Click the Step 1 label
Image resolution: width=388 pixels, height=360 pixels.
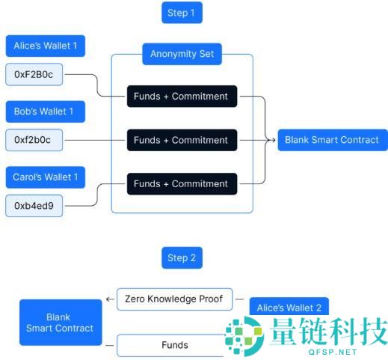[x=182, y=13]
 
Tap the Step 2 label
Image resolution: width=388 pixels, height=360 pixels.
[x=182, y=257]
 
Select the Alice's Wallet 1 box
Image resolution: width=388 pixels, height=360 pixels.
[x=46, y=46]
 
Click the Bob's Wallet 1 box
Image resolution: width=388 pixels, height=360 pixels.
[x=46, y=112]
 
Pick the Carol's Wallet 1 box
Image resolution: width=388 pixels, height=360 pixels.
[x=46, y=177]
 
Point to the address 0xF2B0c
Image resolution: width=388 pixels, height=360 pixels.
[x=34, y=74]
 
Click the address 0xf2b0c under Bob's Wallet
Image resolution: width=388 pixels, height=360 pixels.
[x=34, y=140]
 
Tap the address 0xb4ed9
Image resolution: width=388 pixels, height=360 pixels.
[x=34, y=206]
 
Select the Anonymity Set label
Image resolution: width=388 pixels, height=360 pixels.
[x=182, y=54]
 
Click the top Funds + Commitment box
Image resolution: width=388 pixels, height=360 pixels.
[x=182, y=97]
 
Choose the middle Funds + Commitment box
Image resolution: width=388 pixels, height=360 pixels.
[x=182, y=140]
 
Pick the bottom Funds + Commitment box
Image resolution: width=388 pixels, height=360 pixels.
[x=182, y=184]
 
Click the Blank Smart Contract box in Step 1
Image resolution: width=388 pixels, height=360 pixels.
[x=333, y=140]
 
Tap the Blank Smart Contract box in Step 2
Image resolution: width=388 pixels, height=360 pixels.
[x=61, y=323]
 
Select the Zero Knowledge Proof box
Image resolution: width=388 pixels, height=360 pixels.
[x=174, y=299]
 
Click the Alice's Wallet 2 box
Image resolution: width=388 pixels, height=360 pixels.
[x=289, y=307]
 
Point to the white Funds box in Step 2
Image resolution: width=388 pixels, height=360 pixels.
[x=172, y=345]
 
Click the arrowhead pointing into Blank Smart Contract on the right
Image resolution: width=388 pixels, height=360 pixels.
[x=273, y=140]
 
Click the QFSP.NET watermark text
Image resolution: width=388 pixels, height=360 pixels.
[x=333, y=352]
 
